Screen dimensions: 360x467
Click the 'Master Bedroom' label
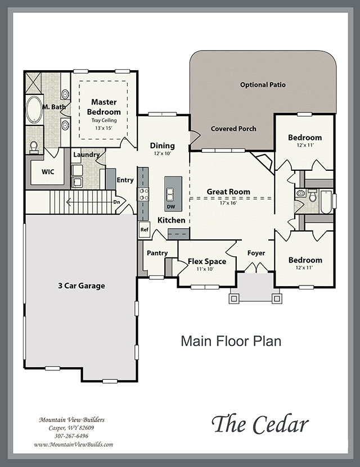click(x=103, y=107)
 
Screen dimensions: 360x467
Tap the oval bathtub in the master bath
click(x=34, y=110)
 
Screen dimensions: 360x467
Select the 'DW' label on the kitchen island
click(x=171, y=207)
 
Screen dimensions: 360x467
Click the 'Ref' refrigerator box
click(x=144, y=230)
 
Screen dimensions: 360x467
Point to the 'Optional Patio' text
click(x=263, y=85)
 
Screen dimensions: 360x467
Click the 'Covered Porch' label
click(x=233, y=129)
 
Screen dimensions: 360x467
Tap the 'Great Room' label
click(x=228, y=192)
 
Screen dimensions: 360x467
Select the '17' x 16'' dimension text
click(x=228, y=203)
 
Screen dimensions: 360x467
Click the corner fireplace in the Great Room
click(x=263, y=162)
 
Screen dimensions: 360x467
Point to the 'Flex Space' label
click(x=207, y=261)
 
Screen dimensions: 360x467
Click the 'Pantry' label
click(x=157, y=253)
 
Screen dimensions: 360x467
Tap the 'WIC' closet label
click(x=48, y=172)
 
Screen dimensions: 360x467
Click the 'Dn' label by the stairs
click(x=116, y=202)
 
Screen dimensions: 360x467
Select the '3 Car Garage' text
click(x=82, y=286)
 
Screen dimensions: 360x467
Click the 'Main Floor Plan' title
click(x=231, y=341)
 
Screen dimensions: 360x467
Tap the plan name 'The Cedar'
click(x=260, y=424)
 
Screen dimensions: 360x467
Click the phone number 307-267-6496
click(x=71, y=436)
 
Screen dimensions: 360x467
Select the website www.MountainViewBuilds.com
click(x=74, y=445)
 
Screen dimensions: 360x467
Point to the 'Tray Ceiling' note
click(x=104, y=120)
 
